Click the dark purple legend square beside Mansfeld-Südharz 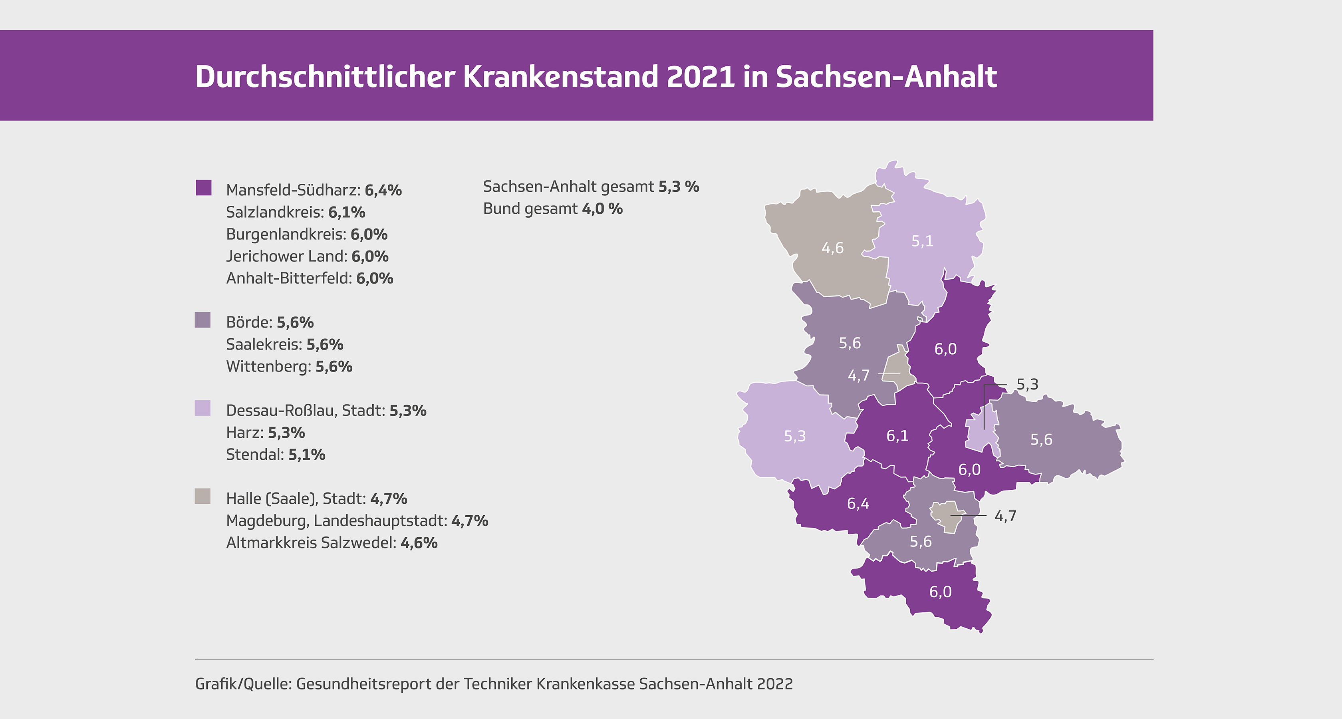203,188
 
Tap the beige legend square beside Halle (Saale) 202,496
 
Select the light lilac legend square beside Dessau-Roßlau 202,408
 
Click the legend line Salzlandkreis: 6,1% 296,212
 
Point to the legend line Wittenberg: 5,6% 289,366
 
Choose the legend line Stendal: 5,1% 275,454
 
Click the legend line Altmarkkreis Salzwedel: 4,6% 332,542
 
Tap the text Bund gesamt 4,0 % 552,209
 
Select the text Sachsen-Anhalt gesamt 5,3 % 590,187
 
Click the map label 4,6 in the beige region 832,248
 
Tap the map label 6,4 858,504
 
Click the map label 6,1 897,435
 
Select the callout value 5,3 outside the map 1027,385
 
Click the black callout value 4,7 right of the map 1005,516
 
